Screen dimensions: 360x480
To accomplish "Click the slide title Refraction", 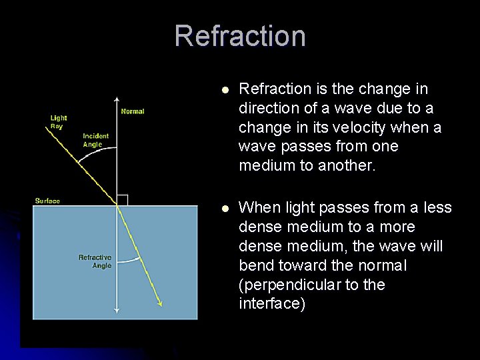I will point(240,36).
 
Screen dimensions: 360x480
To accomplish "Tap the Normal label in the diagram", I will point(133,111).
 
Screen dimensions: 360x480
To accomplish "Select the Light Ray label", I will point(59,122).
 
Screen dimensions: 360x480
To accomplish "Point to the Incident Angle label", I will point(95,140).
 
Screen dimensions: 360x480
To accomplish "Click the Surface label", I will point(47,201).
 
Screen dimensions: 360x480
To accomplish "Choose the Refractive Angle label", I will point(95,261).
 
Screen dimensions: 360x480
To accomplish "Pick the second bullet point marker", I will point(225,209).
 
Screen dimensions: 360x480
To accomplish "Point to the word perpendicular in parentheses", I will point(294,285).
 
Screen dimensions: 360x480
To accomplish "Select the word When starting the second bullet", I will point(257,208).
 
